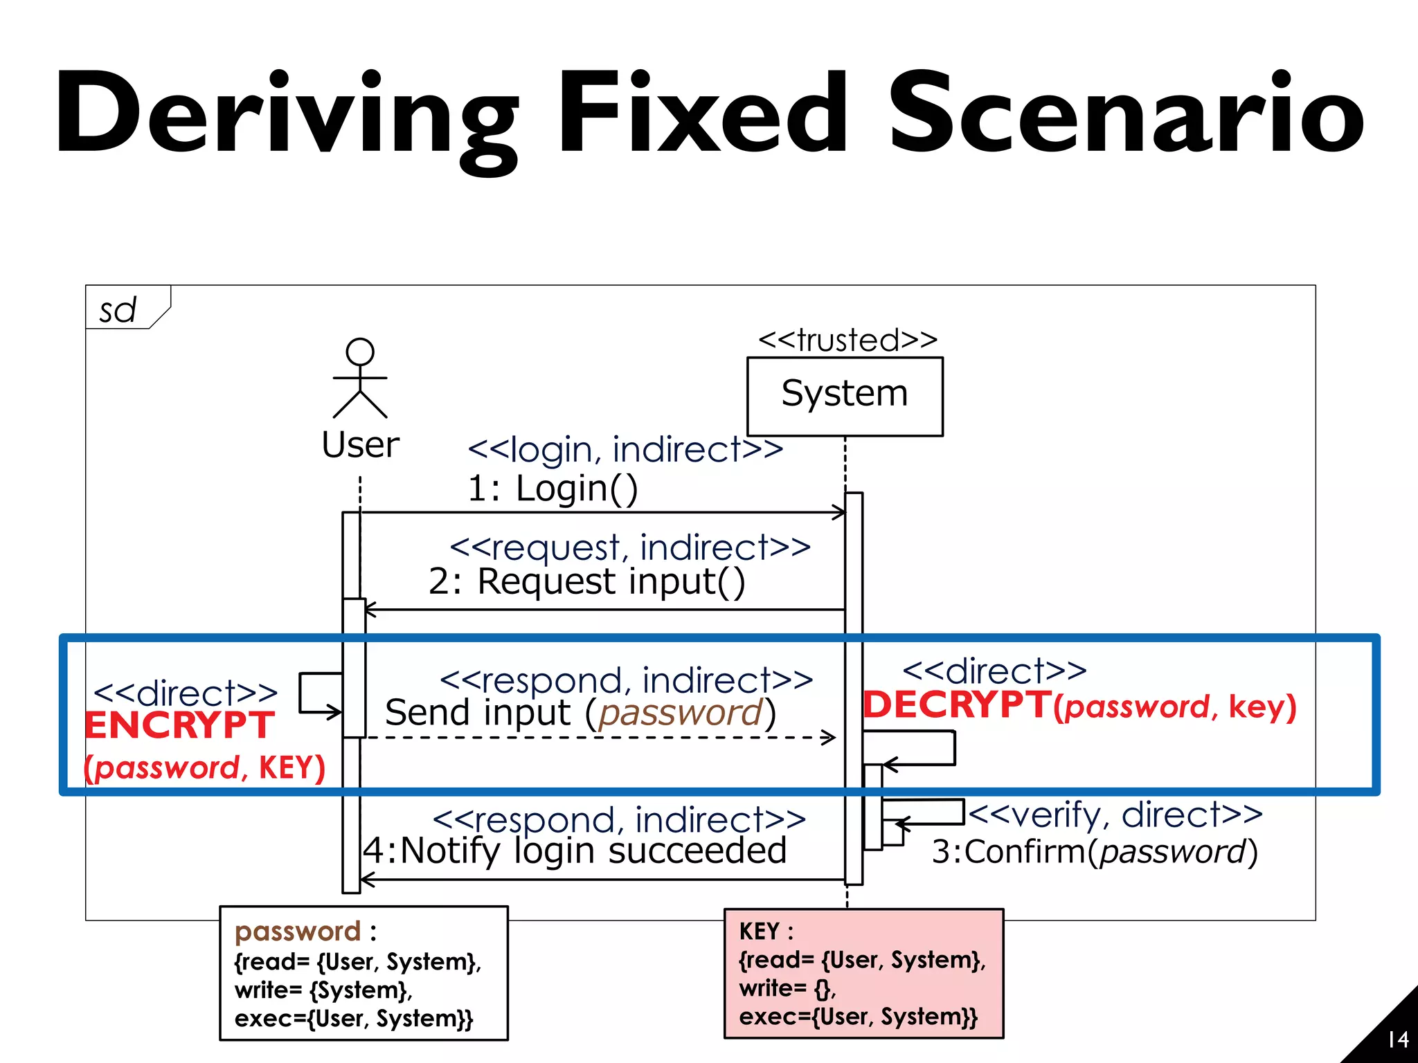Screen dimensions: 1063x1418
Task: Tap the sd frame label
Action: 118,310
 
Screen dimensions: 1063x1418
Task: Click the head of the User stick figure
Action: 360,352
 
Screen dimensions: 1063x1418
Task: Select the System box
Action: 845,396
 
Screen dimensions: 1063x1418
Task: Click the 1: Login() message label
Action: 553,489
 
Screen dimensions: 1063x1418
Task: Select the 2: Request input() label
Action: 586,581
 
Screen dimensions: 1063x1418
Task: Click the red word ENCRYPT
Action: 179,726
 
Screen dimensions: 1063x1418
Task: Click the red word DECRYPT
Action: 957,705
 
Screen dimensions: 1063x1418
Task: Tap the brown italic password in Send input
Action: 681,713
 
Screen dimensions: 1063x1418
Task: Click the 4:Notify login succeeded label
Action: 575,851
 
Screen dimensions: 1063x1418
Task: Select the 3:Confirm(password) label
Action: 1094,852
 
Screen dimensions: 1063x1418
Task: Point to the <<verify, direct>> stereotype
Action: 1115,815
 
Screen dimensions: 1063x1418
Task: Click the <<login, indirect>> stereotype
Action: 625,450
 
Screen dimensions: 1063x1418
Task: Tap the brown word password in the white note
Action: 298,932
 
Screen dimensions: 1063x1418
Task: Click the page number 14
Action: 1398,1039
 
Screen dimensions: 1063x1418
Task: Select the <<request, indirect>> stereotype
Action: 630,548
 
